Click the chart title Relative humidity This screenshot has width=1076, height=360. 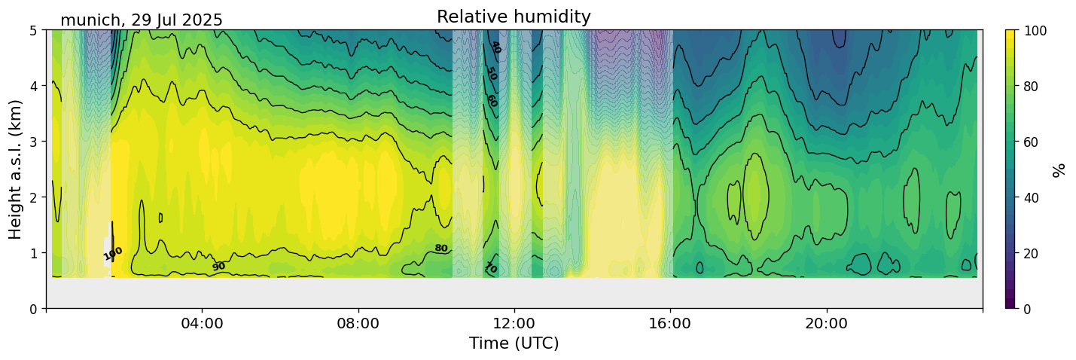point(514,17)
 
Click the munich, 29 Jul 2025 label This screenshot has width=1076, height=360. point(142,20)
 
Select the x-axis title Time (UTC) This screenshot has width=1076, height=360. point(514,343)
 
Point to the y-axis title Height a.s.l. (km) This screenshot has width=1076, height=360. point(16,169)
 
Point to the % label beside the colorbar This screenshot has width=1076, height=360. point(1059,169)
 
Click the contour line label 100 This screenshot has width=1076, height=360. point(113,254)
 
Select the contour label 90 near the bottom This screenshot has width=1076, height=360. point(218,267)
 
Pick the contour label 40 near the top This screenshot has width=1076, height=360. point(495,47)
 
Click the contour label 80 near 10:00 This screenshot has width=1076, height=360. point(441,248)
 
